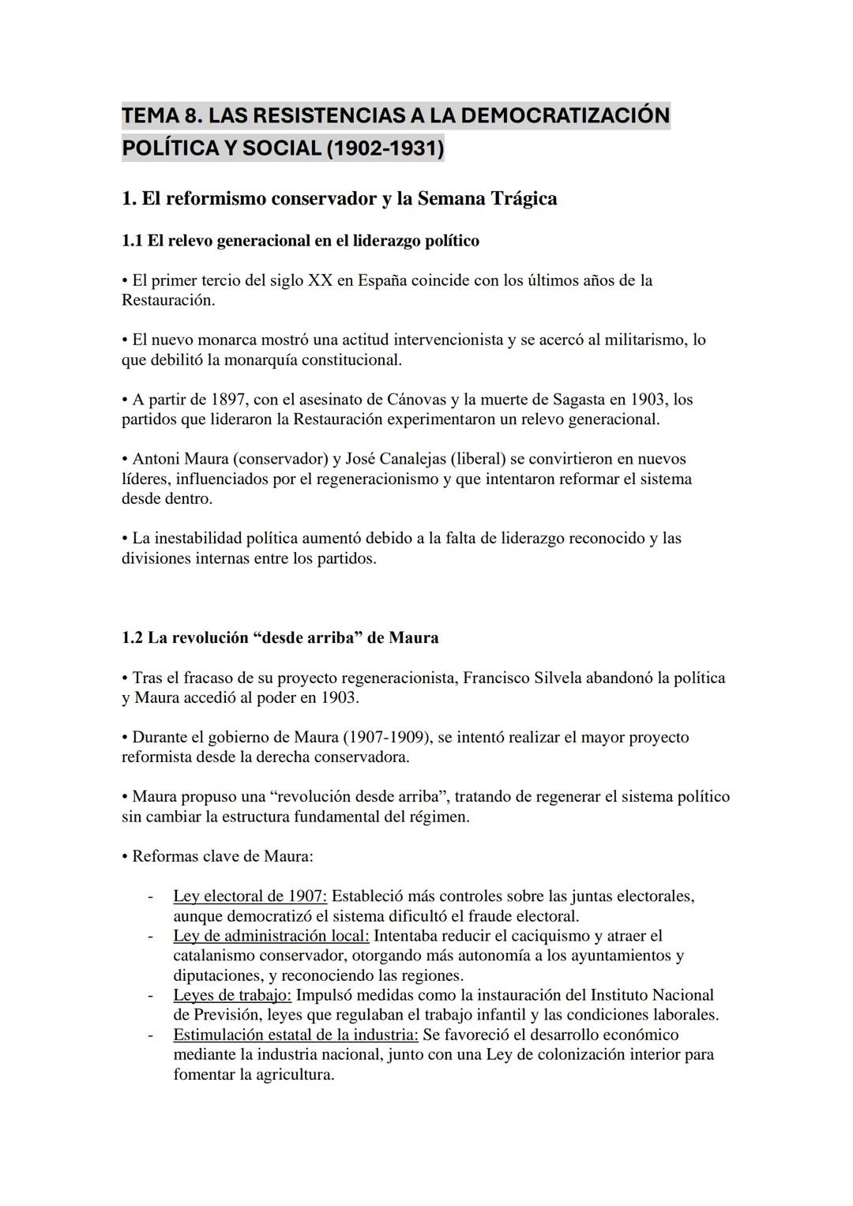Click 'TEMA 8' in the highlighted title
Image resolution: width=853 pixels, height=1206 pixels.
[x=159, y=115]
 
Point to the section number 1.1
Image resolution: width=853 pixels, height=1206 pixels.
[x=132, y=241]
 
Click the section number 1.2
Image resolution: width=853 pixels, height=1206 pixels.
[x=132, y=637]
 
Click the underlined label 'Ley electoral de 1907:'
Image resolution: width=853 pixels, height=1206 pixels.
[x=250, y=896]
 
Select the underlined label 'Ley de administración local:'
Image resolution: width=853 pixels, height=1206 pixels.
[x=271, y=936]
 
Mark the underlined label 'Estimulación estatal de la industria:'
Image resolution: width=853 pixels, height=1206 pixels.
[x=295, y=1035]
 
